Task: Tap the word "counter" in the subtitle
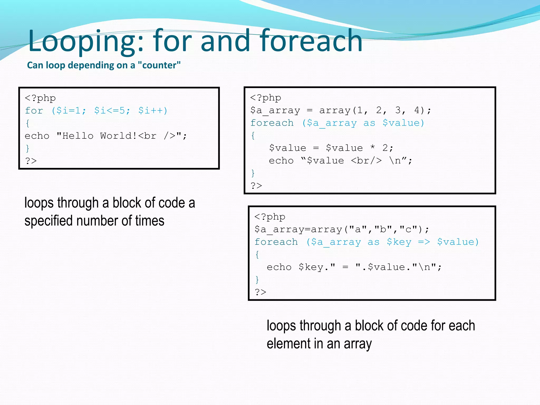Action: click(x=159, y=65)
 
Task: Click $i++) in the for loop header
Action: click(x=153, y=110)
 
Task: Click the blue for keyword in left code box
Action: click(x=34, y=110)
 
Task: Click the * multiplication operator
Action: click(x=373, y=148)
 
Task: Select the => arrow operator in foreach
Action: click(x=424, y=242)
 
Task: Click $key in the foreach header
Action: click(x=399, y=242)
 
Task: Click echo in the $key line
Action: click(x=279, y=267)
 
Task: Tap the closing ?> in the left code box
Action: click(x=31, y=161)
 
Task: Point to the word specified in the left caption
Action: click(x=48, y=221)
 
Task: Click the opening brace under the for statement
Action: click(x=28, y=123)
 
